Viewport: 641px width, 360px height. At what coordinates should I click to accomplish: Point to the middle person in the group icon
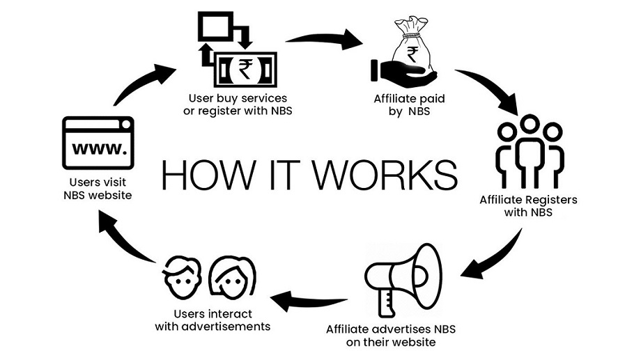point(530,150)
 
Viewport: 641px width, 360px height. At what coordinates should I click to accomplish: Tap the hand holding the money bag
point(401,72)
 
